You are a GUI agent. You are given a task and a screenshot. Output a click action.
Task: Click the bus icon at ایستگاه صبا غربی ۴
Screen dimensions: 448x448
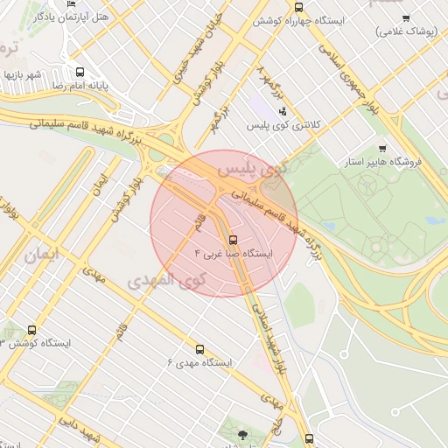click(233, 239)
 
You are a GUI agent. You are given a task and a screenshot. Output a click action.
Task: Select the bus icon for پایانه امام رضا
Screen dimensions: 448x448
click(80, 73)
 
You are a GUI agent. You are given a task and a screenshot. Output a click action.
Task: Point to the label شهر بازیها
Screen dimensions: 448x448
click(23, 74)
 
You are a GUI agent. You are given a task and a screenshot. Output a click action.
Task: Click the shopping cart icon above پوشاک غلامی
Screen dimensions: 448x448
click(406, 17)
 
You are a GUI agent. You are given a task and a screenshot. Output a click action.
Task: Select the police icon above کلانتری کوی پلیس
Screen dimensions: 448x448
click(282, 112)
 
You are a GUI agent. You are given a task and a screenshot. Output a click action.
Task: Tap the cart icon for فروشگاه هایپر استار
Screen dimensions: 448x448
click(382, 148)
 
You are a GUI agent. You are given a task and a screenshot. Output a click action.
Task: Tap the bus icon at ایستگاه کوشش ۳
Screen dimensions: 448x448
click(32, 330)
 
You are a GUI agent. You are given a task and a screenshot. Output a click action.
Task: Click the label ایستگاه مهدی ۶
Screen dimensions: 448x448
click(201, 362)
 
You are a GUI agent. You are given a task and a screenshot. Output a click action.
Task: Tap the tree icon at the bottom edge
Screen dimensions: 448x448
click(242, 436)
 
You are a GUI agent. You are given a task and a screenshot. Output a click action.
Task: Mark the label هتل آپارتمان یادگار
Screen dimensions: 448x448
click(77, 17)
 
